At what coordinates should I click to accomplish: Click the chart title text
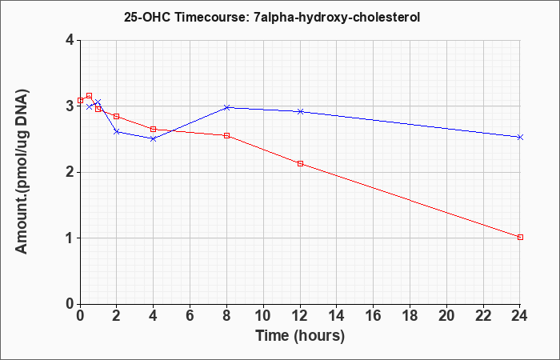click(x=272, y=18)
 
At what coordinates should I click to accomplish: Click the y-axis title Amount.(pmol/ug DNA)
click(x=22, y=172)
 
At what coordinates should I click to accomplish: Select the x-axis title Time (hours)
click(x=300, y=336)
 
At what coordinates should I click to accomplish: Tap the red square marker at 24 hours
click(x=520, y=237)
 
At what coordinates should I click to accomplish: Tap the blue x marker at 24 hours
click(x=520, y=137)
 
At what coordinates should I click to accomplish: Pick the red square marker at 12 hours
click(x=300, y=163)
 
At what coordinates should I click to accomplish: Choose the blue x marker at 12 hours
click(x=300, y=111)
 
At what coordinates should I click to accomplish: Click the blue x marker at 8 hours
click(x=226, y=107)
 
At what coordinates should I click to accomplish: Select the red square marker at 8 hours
click(x=226, y=136)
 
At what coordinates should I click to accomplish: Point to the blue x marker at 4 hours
click(x=154, y=138)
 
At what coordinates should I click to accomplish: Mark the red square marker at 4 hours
click(x=154, y=129)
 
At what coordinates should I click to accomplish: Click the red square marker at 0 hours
click(x=80, y=100)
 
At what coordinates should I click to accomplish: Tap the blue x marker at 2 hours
click(x=117, y=132)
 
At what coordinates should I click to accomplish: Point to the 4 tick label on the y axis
click(x=70, y=40)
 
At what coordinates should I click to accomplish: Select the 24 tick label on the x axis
click(x=520, y=316)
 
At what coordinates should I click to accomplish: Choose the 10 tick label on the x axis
click(x=263, y=316)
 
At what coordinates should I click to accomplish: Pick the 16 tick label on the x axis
click(x=374, y=316)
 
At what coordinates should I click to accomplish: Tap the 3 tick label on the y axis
click(x=70, y=106)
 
